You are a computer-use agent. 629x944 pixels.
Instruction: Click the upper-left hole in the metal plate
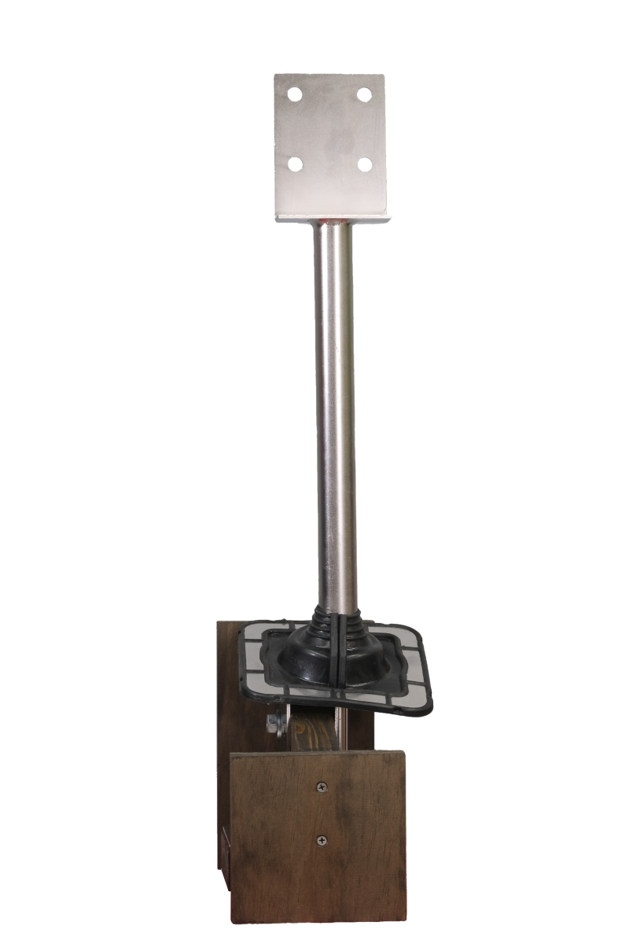pyautogui.click(x=296, y=94)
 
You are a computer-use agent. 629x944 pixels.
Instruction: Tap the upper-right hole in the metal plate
pyautogui.click(x=364, y=94)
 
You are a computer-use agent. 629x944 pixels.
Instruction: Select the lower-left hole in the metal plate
pyautogui.click(x=295, y=164)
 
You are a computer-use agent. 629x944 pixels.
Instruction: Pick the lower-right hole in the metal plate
pyautogui.click(x=365, y=164)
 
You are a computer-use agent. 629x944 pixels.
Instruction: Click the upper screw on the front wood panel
pyautogui.click(x=322, y=787)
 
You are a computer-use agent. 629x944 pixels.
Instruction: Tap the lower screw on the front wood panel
pyautogui.click(x=322, y=841)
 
